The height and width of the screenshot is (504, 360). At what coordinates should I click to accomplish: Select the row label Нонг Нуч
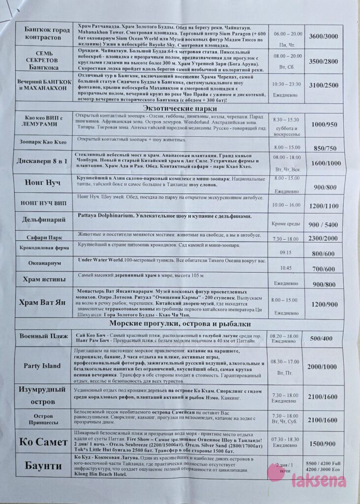[x=42, y=183]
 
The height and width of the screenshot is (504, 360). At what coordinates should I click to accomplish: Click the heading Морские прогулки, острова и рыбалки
[x=180, y=324]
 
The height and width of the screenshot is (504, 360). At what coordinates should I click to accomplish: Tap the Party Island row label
[x=42, y=366]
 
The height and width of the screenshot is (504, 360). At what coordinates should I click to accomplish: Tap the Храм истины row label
[x=44, y=280]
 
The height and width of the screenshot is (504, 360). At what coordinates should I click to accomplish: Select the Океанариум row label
[x=44, y=263]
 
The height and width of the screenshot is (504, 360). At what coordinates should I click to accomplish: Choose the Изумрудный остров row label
[x=42, y=395]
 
